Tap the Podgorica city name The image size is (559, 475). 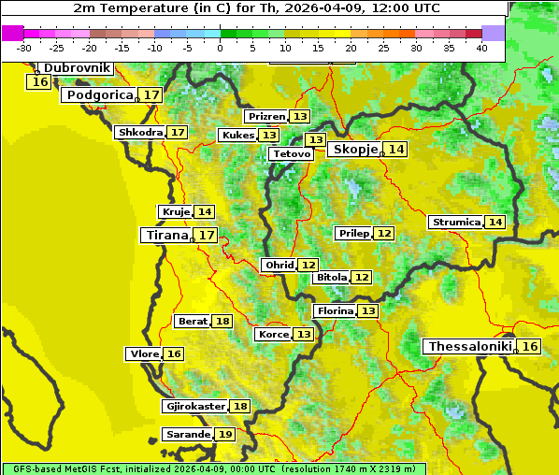pyautogui.click(x=99, y=94)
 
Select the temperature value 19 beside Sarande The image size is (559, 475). pyautogui.click(x=224, y=435)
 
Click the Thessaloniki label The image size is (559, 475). pyautogui.click(x=469, y=346)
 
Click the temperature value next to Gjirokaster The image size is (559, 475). pyautogui.click(x=240, y=406)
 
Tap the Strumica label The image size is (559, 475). pyautogui.click(x=456, y=222)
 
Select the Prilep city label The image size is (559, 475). pyautogui.click(x=354, y=233)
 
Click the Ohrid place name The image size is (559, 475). pyautogui.click(x=279, y=266)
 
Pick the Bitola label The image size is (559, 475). pyautogui.click(x=332, y=277)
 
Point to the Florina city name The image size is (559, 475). pyautogui.click(x=335, y=310)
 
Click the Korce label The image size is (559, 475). pyautogui.click(x=274, y=334)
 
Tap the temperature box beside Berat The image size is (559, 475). pyautogui.click(x=222, y=321)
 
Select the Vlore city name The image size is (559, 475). pyautogui.click(x=144, y=353)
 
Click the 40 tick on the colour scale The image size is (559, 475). pyautogui.click(x=481, y=48)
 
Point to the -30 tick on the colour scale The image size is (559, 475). pyautogui.click(x=24, y=48)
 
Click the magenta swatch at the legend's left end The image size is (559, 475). pyautogui.click(x=12, y=33)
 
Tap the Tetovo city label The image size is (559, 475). pyautogui.click(x=292, y=153)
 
